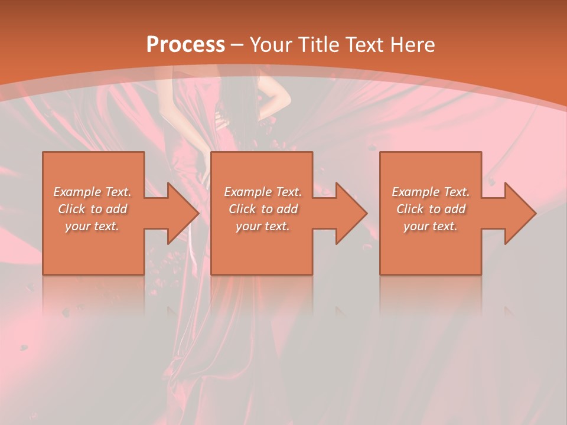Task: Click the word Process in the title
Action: [185, 45]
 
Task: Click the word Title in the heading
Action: [316, 45]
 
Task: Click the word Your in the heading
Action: [271, 45]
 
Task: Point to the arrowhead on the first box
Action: [180, 213]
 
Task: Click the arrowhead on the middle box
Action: [348, 213]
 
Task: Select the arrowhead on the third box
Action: [517, 213]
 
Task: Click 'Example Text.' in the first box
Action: [92, 192]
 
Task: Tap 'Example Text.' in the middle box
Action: [263, 192]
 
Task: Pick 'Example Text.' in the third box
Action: [431, 192]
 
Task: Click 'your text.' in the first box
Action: [92, 226]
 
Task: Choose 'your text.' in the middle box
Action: [263, 226]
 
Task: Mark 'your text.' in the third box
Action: [431, 226]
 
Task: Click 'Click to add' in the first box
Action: [92, 209]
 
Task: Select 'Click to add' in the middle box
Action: [263, 209]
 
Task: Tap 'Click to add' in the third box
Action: [431, 209]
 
